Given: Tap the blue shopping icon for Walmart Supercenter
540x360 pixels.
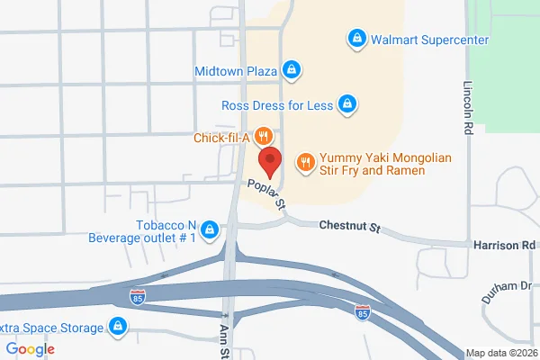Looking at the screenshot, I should tap(356, 40).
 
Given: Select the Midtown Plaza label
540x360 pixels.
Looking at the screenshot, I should tap(235, 69).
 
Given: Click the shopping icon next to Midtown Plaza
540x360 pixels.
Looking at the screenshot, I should tap(291, 69).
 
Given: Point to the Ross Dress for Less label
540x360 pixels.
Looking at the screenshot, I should tap(276, 105).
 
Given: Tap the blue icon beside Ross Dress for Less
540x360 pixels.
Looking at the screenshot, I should tap(346, 105).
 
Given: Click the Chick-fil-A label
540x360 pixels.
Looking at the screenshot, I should tap(220, 138).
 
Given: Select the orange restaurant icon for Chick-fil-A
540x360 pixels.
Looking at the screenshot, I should tap(262, 137).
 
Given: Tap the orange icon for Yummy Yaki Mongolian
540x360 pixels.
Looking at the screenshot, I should tap(306, 162).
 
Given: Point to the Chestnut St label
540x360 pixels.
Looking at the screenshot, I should tap(350, 227).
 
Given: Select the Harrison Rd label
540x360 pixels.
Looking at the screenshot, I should tap(503, 244).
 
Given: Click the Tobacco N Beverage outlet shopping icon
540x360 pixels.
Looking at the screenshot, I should tap(210, 231).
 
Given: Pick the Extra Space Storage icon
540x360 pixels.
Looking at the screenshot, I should tap(117, 327).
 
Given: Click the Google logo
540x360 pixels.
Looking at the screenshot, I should tap(31, 349).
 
